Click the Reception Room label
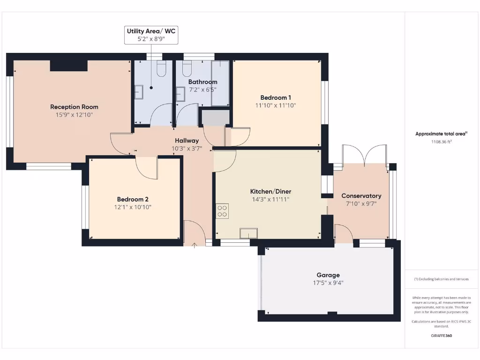74,107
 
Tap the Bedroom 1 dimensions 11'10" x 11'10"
275,105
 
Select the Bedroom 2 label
133,199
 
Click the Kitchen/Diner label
270,191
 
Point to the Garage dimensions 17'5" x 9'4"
328,283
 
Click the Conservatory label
361,195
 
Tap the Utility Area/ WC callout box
151,35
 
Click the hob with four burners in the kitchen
222,211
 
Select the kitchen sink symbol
248,233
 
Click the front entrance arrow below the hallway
195,245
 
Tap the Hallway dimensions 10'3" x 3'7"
187,149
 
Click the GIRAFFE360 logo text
442,336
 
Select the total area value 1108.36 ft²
441,142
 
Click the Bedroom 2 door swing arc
146,167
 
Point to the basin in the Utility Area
139,92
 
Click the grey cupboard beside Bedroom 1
215,117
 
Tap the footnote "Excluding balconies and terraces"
441,279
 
